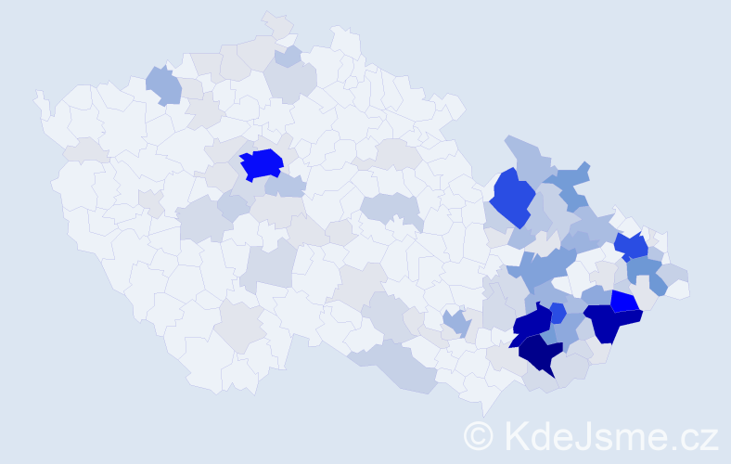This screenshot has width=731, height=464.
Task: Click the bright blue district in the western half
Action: pos(262,164)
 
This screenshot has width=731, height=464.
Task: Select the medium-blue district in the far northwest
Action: pos(163,85)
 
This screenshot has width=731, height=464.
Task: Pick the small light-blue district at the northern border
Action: pos(288,56)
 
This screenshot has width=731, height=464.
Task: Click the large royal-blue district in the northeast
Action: pos(512,197)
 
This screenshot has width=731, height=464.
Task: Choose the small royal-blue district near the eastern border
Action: pos(631,246)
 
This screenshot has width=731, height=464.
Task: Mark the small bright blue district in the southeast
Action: pos(623,302)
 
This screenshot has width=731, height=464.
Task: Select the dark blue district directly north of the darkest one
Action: pos(532,322)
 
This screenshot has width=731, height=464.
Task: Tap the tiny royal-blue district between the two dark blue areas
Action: pos(558,312)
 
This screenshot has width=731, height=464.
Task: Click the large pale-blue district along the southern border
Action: pos(399,367)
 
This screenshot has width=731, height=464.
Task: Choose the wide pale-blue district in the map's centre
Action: pos(390,208)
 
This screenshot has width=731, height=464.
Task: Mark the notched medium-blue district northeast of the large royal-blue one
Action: pos(571,182)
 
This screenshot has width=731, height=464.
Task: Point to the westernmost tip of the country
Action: pos(36,94)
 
